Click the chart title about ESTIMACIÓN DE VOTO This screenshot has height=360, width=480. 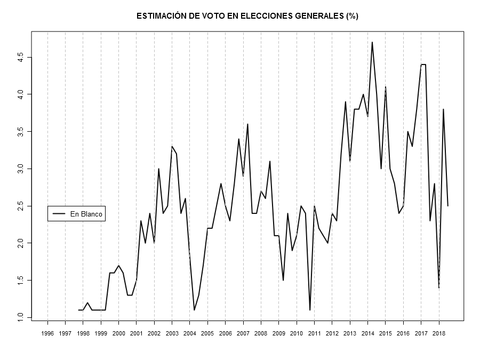[x=247, y=16]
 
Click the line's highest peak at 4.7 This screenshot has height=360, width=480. [x=372, y=42]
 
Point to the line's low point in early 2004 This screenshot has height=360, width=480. [x=194, y=310]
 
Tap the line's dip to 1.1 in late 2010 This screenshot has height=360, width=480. [x=310, y=310]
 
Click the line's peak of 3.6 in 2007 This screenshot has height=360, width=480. [x=247, y=124]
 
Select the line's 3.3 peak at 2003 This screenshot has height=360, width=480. [x=172, y=146]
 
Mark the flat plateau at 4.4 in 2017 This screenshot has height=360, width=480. [x=423, y=65]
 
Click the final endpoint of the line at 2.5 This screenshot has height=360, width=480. [x=447, y=206]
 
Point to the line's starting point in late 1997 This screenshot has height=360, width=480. [x=78, y=310]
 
